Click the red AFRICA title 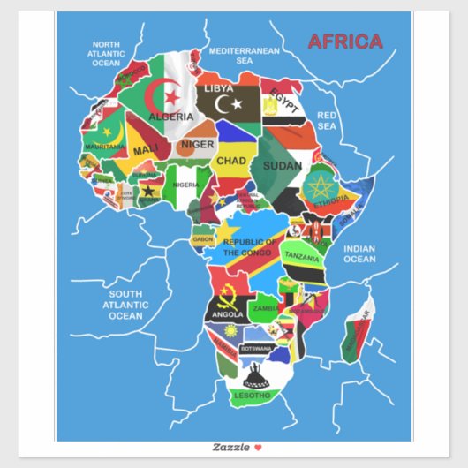point(345,42)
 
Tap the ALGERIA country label point(171,116)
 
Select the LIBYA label point(218,88)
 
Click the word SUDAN point(282,165)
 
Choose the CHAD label point(231,161)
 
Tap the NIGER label point(198,144)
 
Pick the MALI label point(146,150)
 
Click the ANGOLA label point(227,314)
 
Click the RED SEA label point(328,121)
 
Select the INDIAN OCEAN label point(359,253)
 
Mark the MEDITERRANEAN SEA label point(244,57)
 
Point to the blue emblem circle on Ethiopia point(320,188)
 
